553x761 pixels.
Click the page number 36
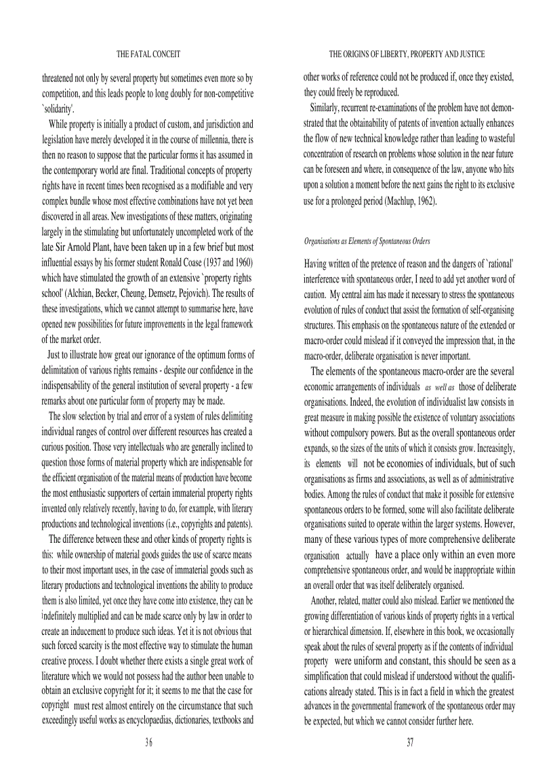(x=148, y=742)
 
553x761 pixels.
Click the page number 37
(x=410, y=742)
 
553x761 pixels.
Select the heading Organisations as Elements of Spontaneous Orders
(x=367, y=241)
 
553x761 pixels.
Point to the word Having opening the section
(x=317, y=263)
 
